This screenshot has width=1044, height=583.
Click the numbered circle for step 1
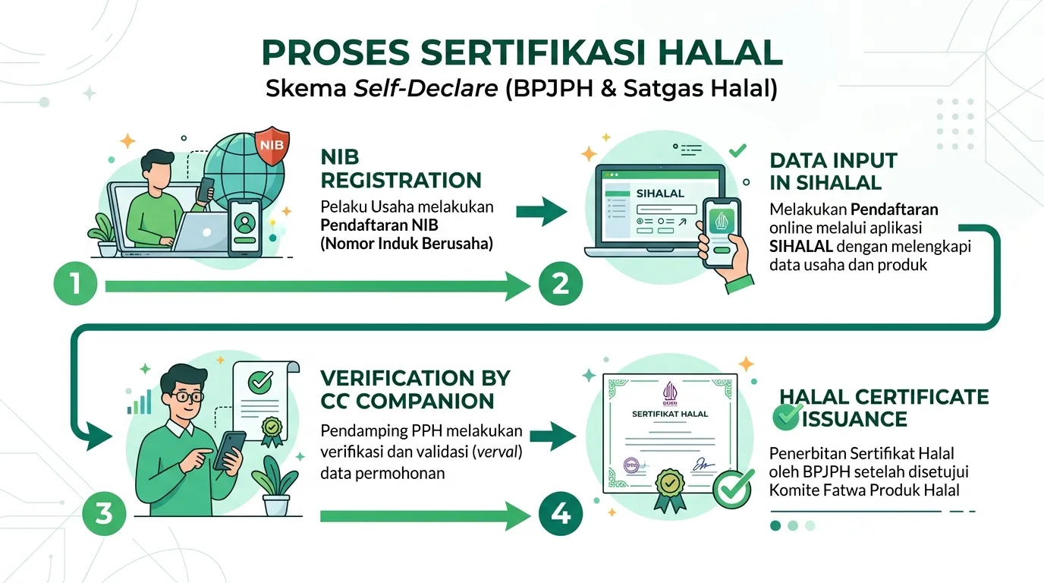click(x=76, y=284)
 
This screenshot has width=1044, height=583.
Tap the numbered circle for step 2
click(x=560, y=284)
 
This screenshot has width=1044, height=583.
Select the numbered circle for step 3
click(x=104, y=513)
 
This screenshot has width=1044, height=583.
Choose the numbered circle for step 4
click(x=560, y=513)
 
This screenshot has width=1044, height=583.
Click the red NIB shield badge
click(x=272, y=145)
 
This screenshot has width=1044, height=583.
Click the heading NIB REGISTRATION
click(x=401, y=169)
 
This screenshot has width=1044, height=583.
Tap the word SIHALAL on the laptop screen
click(x=660, y=194)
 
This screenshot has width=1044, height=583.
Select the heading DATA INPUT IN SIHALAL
click(x=833, y=172)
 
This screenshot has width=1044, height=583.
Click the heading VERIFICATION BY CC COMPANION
click(x=415, y=389)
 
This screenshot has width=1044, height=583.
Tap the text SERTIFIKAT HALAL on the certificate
click(x=670, y=414)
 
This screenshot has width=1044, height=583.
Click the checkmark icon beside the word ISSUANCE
click(x=787, y=417)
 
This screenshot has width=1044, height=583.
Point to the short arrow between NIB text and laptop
click(x=542, y=212)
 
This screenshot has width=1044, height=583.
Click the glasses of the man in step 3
click(x=189, y=397)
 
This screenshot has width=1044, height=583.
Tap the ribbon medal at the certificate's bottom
click(x=670, y=490)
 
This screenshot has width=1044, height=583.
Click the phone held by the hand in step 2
click(x=722, y=233)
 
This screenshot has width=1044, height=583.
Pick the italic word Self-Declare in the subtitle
click(x=426, y=88)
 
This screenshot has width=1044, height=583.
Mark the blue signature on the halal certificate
click(x=703, y=464)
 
